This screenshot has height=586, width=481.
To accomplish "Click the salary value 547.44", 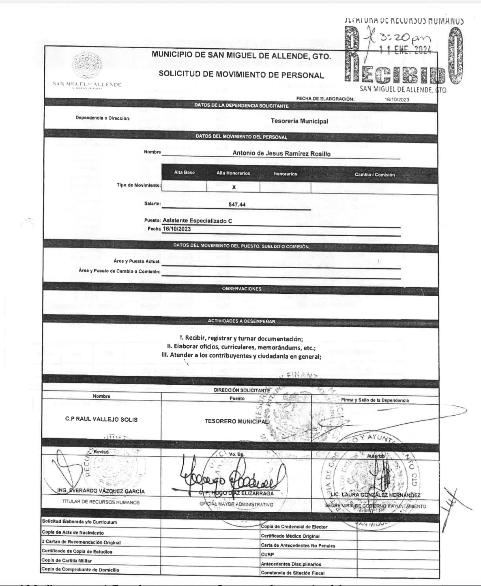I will point(237,205).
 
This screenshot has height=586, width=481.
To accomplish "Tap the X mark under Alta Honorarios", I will point(234,187).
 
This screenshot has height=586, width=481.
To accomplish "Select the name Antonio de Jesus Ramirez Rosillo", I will point(281,153).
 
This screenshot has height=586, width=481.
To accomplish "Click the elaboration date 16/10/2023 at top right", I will point(397,99).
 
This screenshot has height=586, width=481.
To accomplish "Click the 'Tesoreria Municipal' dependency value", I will point(299,121).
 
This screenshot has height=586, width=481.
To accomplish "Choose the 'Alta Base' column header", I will point(184,172).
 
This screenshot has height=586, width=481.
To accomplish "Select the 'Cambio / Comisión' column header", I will point(374,175).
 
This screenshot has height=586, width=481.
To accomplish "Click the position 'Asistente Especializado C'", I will point(198,221).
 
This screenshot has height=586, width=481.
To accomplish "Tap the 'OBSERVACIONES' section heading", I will point(242,289).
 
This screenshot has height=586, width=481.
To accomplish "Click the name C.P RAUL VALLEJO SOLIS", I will point(101,419).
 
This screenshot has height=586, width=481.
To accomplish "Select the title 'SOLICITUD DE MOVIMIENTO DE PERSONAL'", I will point(241,75).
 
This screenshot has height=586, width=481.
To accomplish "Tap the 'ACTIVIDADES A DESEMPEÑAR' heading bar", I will point(241,321).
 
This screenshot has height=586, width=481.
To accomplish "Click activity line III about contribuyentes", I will point(241,356).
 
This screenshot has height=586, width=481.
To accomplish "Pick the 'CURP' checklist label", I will point(267,554).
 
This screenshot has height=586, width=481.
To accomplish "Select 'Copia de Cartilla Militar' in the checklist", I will point(67,560).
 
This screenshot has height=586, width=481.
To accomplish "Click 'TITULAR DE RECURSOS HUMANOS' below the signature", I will point(101,502).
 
